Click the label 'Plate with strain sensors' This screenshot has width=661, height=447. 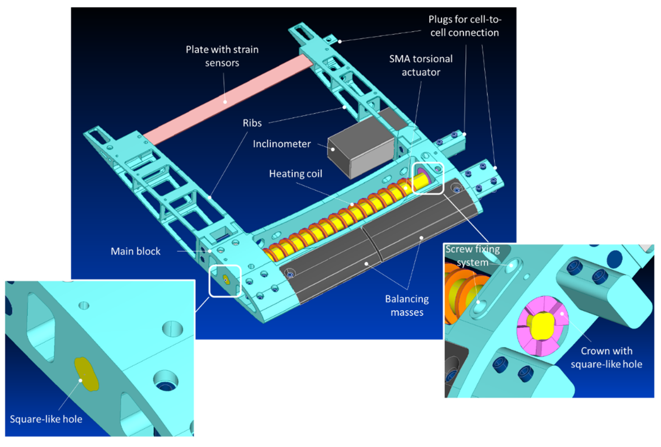pos(222,56)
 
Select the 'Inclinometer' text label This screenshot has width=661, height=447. pos(282,144)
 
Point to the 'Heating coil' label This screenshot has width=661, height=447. pos(296,174)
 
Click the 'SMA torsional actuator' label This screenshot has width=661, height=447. pos(421,66)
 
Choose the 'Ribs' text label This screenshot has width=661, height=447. pos(252,123)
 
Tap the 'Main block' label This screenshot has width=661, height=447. pos(135,251)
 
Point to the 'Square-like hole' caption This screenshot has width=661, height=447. pos(46,419)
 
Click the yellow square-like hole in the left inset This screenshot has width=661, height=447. pos(86,374)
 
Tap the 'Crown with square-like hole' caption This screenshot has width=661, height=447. pos(606,358)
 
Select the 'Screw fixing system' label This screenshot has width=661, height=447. pos(472,256)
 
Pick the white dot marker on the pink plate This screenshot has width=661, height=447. pos(225,102)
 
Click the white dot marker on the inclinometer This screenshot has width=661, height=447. pos(332,149)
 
